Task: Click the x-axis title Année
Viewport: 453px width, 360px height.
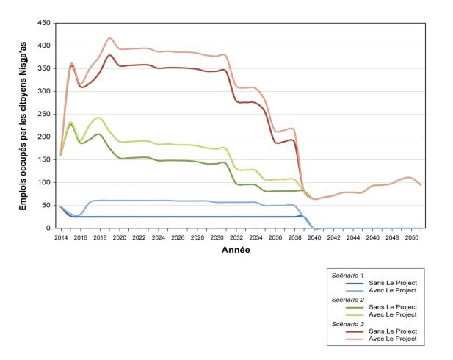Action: pos(236,251)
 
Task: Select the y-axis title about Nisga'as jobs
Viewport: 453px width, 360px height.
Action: pos(23,126)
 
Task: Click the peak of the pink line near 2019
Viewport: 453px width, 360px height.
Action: pos(110,38)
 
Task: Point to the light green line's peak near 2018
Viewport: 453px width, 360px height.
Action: pos(98,118)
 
